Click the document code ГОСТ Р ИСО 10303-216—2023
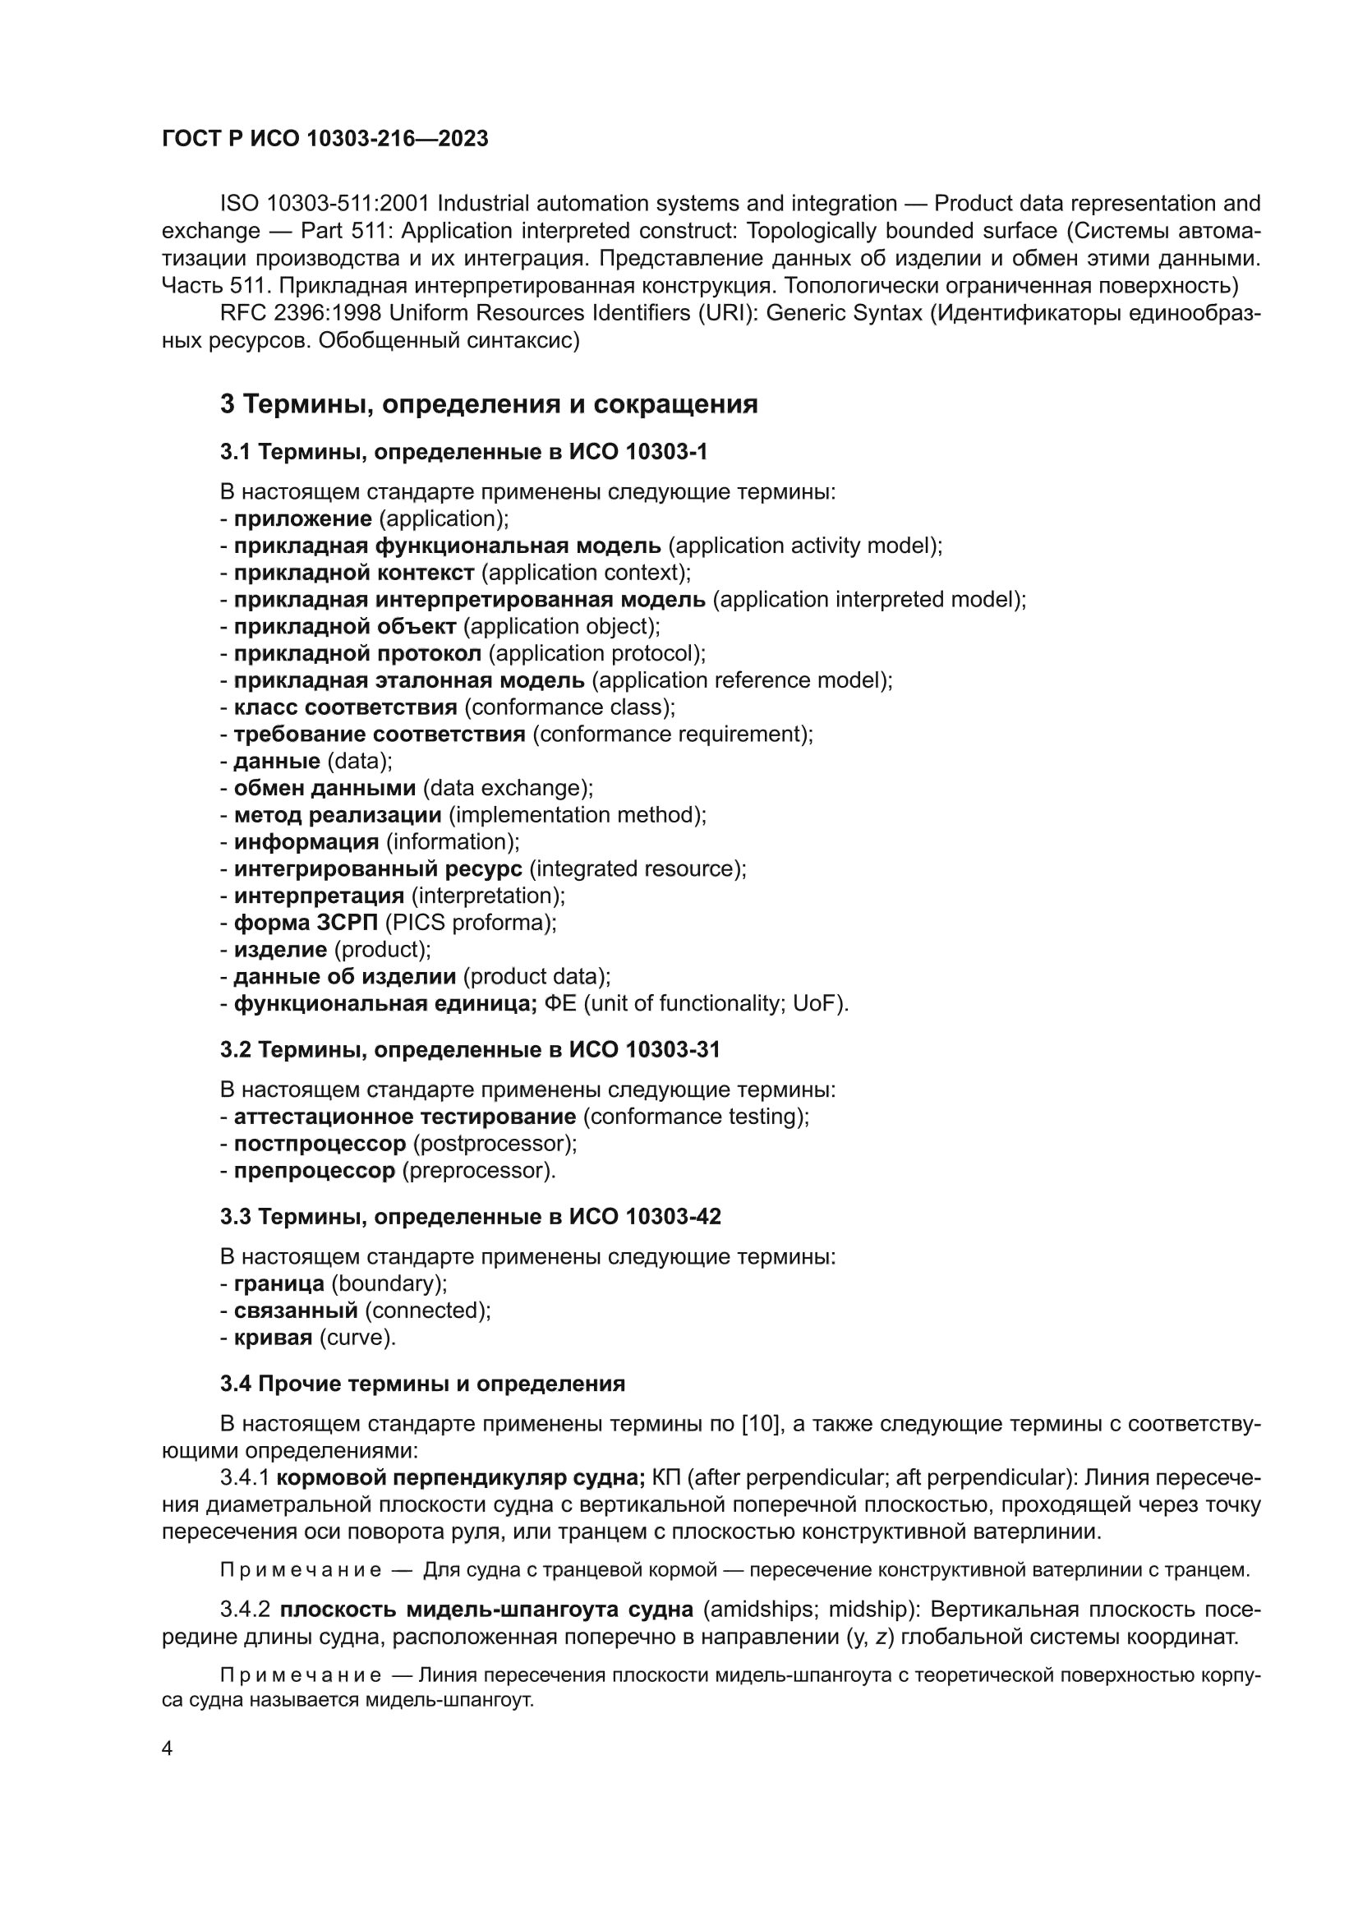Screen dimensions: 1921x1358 coord(325,139)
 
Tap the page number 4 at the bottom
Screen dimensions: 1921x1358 coord(168,1748)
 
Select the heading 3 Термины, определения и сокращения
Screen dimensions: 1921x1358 coord(489,404)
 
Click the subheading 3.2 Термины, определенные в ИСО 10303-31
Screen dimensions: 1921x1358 coord(469,1049)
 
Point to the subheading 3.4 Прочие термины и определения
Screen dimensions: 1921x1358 coord(422,1383)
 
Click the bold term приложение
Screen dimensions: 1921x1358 coord(302,518)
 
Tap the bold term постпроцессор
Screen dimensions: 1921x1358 coord(320,1143)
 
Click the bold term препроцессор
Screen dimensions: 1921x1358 coord(314,1170)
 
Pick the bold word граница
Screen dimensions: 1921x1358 coord(279,1283)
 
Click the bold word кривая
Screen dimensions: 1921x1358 coord(273,1337)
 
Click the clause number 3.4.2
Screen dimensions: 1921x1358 coord(245,1609)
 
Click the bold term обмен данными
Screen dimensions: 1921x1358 coord(325,787)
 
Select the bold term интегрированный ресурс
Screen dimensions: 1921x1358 coord(377,868)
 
